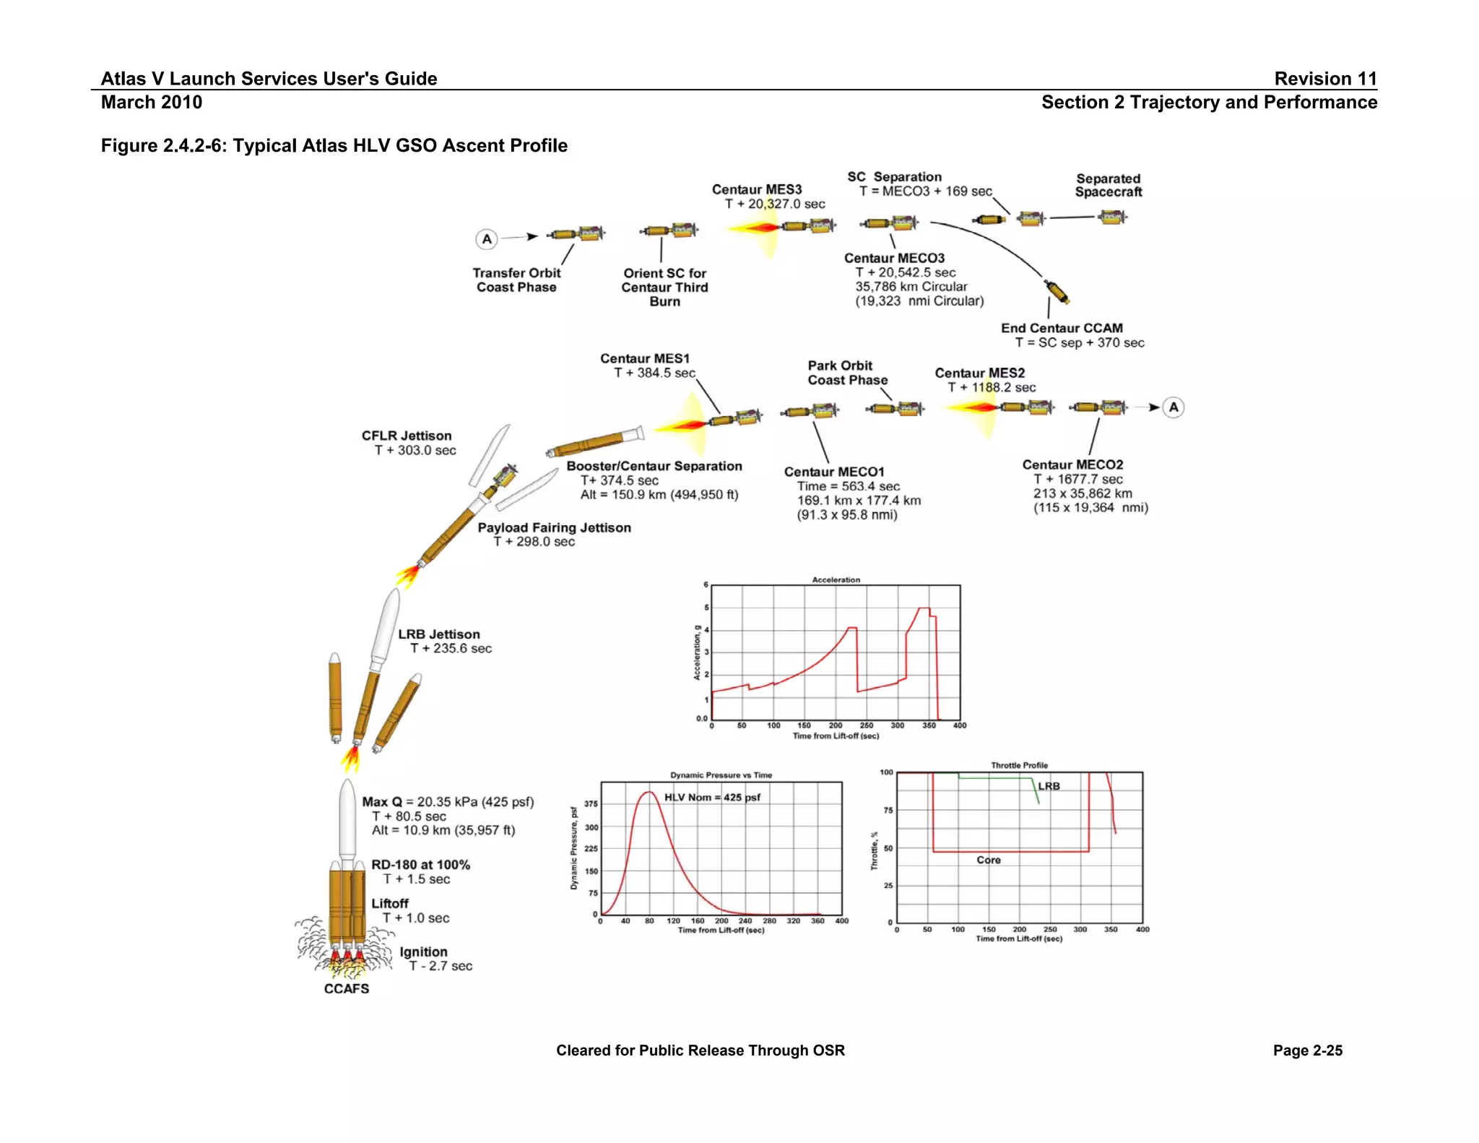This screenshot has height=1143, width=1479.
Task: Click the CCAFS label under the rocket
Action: [x=346, y=988]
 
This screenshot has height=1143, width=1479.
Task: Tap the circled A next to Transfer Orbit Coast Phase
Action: [x=487, y=238]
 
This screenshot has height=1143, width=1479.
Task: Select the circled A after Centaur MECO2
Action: [x=1174, y=407]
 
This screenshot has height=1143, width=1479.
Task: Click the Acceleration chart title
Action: [x=836, y=579]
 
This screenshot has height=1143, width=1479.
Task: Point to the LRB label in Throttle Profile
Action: [x=1049, y=786]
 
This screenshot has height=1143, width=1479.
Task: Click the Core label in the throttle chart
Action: [x=988, y=860]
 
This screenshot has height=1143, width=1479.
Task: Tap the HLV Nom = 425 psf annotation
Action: [x=712, y=797]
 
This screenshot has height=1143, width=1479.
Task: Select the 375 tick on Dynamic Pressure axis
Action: [x=591, y=803]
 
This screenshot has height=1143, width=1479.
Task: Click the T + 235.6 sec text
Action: [x=451, y=648]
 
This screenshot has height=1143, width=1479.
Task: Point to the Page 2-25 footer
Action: [x=1307, y=1051]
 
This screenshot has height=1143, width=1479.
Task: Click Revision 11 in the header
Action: [x=1325, y=78]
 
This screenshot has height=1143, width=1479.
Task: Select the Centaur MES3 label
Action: [x=756, y=189]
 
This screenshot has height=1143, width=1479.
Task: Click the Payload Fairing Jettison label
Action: [x=554, y=527]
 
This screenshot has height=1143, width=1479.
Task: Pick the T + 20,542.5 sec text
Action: [x=905, y=272]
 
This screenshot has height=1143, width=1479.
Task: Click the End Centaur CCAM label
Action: [x=1062, y=328]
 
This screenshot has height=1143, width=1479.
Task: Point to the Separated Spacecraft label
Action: [x=1108, y=185]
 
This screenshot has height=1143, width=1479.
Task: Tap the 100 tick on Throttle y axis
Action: [x=886, y=772]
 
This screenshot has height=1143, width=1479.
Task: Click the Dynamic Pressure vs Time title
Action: [x=721, y=775]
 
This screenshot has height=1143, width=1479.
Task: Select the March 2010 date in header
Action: [x=152, y=102]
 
